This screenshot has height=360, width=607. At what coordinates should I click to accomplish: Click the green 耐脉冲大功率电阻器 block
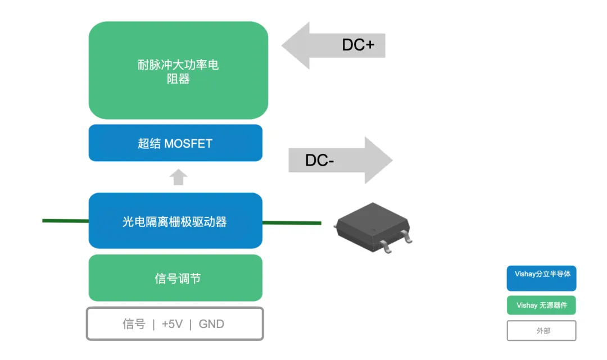click(x=178, y=71)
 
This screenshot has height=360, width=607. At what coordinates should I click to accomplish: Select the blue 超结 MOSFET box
click(x=175, y=143)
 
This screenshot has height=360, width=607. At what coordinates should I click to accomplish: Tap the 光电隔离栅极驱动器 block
click(x=175, y=221)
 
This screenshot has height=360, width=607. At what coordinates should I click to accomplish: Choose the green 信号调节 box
click(x=175, y=278)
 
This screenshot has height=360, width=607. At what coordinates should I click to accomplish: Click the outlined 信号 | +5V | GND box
click(x=175, y=323)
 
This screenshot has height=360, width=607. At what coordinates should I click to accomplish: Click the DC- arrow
click(x=341, y=161)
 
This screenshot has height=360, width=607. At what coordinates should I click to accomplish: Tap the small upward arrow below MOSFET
click(x=178, y=177)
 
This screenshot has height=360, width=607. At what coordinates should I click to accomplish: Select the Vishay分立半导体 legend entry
click(x=542, y=278)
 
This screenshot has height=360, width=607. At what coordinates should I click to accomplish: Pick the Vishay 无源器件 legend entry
click(x=542, y=306)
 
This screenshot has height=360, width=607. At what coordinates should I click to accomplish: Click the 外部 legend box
click(x=542, y=331)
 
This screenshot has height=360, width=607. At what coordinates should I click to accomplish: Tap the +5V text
click(x=172, y=324)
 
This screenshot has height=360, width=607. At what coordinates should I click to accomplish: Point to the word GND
click(x=211, y=324)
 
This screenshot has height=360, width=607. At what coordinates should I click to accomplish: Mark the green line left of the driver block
click(x=65, y=221)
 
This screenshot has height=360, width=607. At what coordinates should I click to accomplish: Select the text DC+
click(x=358, y=45)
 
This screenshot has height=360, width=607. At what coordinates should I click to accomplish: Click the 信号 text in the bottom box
click(x=134, y=324)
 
